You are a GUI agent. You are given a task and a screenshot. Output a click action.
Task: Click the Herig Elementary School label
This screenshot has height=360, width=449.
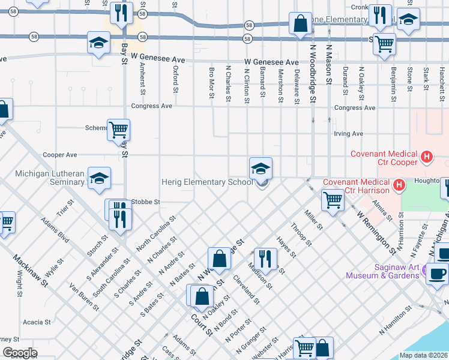coord(207,182)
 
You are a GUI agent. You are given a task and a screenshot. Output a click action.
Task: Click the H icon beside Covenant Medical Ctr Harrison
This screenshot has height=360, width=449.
coord(398,185)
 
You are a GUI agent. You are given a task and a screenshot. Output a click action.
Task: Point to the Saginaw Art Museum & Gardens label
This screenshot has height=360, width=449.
coord(382,271)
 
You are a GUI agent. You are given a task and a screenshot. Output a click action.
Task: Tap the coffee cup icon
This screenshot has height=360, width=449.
coord(437,273)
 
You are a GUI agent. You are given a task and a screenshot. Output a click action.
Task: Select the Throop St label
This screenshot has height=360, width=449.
coord(301,235)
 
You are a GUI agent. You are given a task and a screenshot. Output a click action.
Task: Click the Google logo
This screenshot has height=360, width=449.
coord(19,353)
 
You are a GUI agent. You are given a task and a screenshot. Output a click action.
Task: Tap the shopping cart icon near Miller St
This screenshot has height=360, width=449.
coord(332,200)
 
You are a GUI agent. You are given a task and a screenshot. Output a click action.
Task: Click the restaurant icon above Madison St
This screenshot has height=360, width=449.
coord(265,259)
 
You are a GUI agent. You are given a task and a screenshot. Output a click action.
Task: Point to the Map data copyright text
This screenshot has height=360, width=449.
coord(423,355)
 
